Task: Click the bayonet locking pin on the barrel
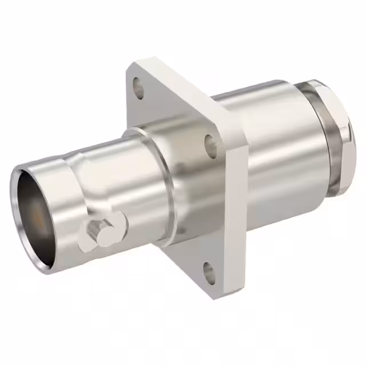tap(103, 231)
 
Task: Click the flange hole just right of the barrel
tap(211, 145)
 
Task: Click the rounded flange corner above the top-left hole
tap(133, 67)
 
